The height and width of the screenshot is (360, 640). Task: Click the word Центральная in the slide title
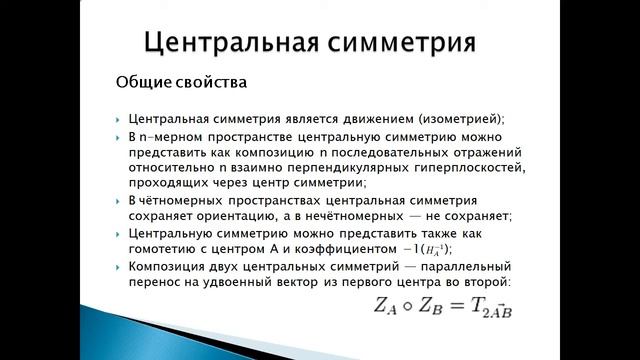(235, 43)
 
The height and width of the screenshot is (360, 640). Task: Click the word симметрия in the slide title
(404, 43)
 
